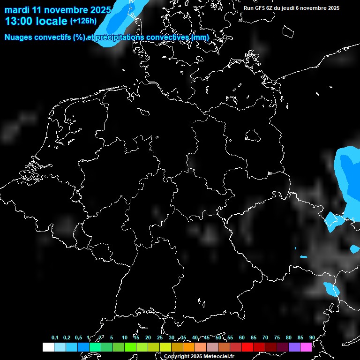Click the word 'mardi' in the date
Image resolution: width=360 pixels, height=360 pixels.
17,10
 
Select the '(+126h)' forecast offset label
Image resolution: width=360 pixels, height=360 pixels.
84,21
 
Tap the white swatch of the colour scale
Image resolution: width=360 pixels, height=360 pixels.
48,347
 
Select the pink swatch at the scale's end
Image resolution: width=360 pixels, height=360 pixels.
306,347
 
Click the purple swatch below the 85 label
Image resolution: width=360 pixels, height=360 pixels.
294,347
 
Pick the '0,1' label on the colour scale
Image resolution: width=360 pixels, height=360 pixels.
55,338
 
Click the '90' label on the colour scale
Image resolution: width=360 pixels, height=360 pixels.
312,338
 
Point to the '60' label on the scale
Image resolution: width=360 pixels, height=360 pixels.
242,338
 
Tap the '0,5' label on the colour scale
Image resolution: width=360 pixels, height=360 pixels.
78,338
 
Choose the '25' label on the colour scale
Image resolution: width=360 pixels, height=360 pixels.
160,338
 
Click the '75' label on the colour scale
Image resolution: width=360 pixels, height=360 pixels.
277,338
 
